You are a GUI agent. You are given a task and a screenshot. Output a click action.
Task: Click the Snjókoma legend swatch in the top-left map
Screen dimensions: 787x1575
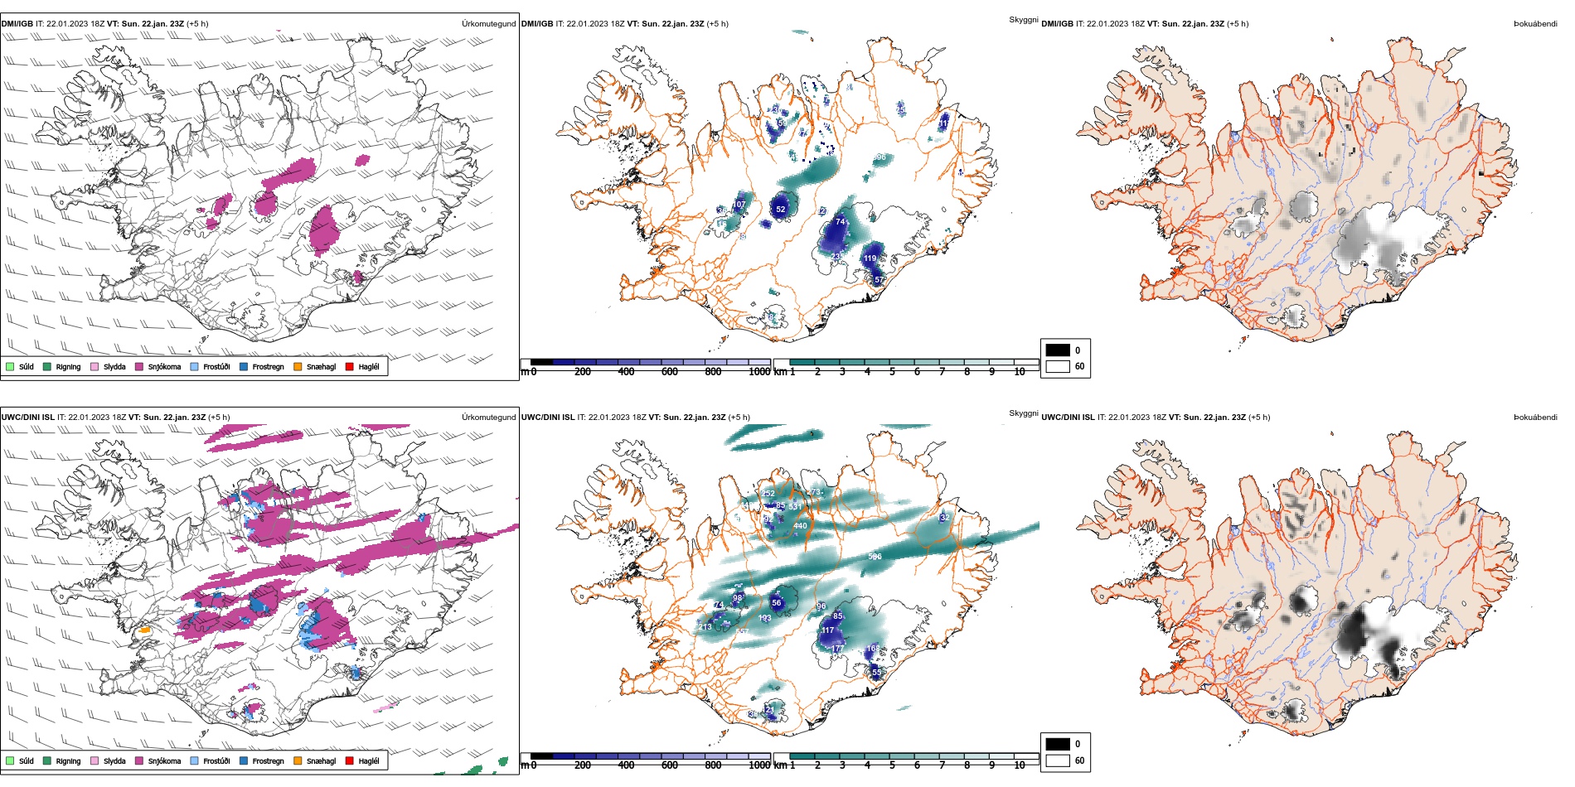coord(139,366)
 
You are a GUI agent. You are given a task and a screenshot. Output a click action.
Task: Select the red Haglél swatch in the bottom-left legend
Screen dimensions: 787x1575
coord(350,760)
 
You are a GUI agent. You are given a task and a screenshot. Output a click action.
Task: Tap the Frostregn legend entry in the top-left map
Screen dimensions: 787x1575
coord(244,366)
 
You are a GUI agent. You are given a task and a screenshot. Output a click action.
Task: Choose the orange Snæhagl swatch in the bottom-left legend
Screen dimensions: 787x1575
coord(298,760)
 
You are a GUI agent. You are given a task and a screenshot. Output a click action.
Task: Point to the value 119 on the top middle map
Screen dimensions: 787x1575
coord(870,258)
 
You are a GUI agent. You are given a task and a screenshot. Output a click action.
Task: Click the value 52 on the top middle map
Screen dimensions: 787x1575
coord(780,210)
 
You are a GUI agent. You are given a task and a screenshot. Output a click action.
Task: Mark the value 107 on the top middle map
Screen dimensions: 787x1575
coord(739,205)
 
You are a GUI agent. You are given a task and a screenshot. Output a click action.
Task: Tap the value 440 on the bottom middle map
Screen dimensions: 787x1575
coord(800,526)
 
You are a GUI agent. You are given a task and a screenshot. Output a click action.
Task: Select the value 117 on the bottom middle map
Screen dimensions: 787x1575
coord(827,630)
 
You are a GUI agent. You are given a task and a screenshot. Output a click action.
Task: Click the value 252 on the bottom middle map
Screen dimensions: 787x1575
coord(768,494)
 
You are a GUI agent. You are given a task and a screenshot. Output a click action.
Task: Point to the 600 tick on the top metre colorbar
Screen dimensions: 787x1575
coord(670,372)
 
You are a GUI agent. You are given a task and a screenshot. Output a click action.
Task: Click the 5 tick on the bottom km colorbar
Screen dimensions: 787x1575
coord(892,765)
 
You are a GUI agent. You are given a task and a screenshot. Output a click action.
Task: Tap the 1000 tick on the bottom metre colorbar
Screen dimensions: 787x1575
coord(759,765)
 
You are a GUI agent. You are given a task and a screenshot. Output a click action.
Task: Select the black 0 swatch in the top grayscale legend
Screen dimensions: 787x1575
coord(1058,350)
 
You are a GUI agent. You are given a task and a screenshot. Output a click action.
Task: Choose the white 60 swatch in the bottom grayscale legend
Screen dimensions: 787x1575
coord(1058,760)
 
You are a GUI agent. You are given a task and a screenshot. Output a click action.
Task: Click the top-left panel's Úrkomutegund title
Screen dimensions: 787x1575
coord(488,24)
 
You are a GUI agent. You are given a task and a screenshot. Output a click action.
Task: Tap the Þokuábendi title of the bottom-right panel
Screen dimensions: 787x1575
coord(1535,418)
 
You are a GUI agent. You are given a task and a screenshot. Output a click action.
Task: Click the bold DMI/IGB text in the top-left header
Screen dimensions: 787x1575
coord(17,24)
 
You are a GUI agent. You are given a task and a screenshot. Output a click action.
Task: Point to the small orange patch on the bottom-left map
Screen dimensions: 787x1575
coord(144,630)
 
